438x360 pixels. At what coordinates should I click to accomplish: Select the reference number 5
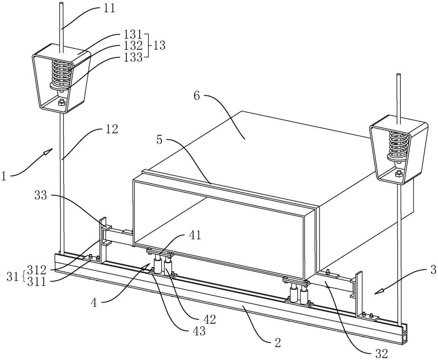coord(159,140)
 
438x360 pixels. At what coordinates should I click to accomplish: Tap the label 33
coord(41,195)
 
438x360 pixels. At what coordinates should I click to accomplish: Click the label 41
coord(195,236)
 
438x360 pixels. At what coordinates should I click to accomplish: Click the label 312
coord(37,271)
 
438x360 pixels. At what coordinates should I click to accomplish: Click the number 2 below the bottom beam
coord(277,342)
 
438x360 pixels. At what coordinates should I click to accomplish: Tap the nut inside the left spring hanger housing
coord(61,102)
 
